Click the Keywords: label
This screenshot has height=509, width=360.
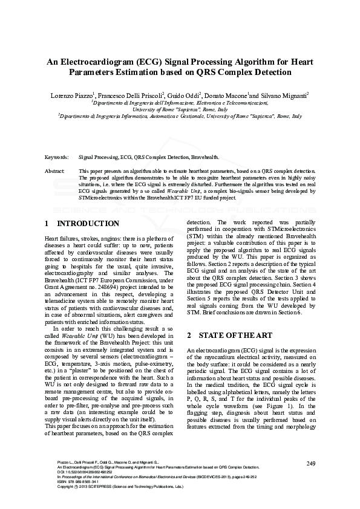(57, 157)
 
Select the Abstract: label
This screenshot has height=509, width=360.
(56, 172)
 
